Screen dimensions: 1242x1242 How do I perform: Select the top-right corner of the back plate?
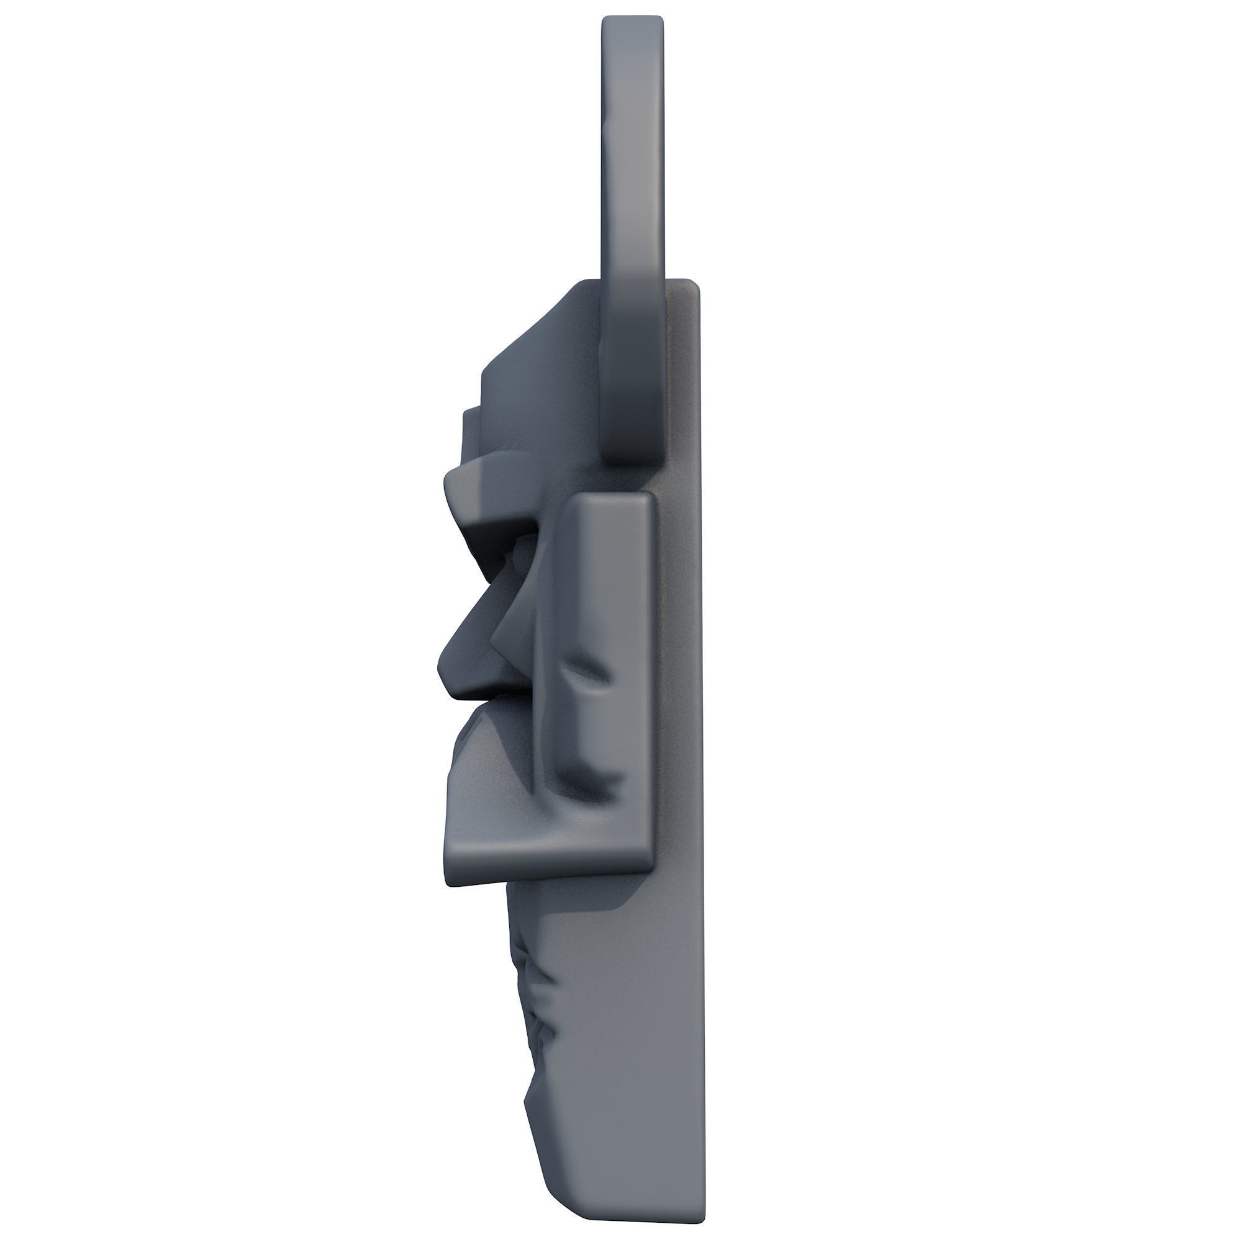696,283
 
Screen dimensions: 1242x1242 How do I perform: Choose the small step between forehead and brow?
473,418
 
